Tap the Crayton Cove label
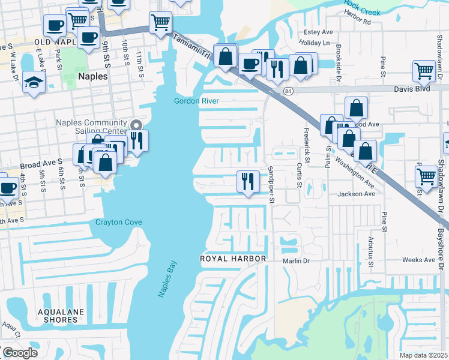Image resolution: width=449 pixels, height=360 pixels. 119,223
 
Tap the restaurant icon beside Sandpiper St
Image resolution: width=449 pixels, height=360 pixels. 248,181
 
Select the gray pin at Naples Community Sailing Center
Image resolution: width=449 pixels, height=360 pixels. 136,125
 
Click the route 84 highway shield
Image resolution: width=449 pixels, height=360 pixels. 289,91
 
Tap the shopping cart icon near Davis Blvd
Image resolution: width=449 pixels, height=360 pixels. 424,71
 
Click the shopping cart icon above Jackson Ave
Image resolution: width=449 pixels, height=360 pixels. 426,176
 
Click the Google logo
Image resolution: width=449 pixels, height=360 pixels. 20,353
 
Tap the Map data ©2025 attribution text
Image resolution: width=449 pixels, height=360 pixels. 423,355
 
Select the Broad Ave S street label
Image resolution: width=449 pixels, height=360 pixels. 42,163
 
